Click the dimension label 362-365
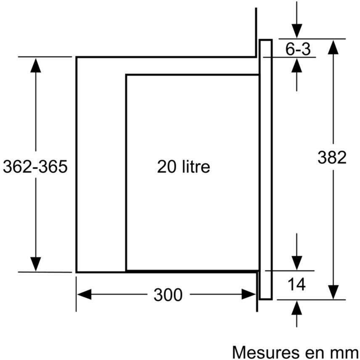pos(35,167)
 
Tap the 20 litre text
pos(183,167)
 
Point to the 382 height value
pos(332,157)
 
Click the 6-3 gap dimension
pos(298,49)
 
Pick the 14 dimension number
pos(296,284)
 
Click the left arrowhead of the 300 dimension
pos(84,294)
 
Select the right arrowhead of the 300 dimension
pos(249,294)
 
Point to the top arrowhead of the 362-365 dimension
pos(36,66)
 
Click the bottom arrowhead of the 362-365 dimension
pos(36,264)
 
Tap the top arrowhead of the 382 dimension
pos(333,47)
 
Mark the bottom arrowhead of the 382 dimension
pos(333,292)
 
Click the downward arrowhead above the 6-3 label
pos(296,31)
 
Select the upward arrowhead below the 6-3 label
pos(296,66)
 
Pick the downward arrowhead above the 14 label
pos(296,263)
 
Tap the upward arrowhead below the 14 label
pos(296,308)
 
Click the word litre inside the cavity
pos(196,167)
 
